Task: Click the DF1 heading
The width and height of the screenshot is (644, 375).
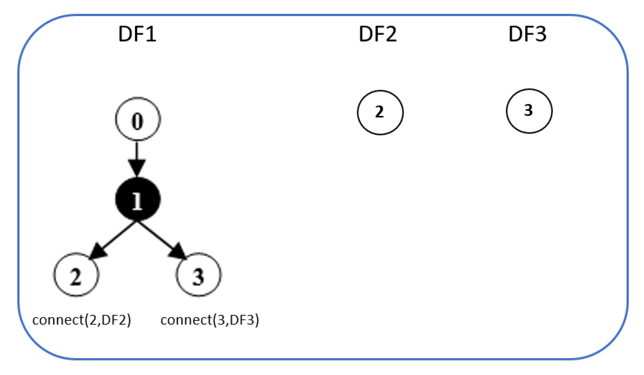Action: click(x=137, y=34)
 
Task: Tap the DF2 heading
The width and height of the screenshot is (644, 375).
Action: click(x=378, y=34)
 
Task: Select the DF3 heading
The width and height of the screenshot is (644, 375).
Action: click(x=527, y=34)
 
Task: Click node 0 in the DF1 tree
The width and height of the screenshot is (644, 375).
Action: click(x=137, y=120)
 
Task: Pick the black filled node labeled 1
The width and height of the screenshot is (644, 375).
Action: click(x=137, y=199)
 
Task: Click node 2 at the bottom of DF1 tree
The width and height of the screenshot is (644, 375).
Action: click(x=76, y=275)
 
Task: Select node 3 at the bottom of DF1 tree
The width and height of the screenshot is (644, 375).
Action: click(x=198, y=275)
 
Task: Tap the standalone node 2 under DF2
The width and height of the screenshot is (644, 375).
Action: click(x=380, y=112)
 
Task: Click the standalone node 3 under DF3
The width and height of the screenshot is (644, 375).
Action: click(x=529, y=111)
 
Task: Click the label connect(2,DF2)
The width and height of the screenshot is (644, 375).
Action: click(x=81, y=320)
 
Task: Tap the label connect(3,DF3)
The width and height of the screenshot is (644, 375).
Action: click(x=209, y=320)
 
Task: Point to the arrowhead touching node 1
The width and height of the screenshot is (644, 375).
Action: click(x=137, y=168)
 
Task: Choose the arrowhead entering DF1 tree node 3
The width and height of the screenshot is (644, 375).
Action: click(x=177, y=252)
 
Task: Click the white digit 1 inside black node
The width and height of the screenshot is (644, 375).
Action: click(x=137, y=201)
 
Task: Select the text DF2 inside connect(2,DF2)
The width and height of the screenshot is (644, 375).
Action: click(x=114, y=320)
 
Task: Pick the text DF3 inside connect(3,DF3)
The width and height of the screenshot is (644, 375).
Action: click(x=242, y=320)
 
